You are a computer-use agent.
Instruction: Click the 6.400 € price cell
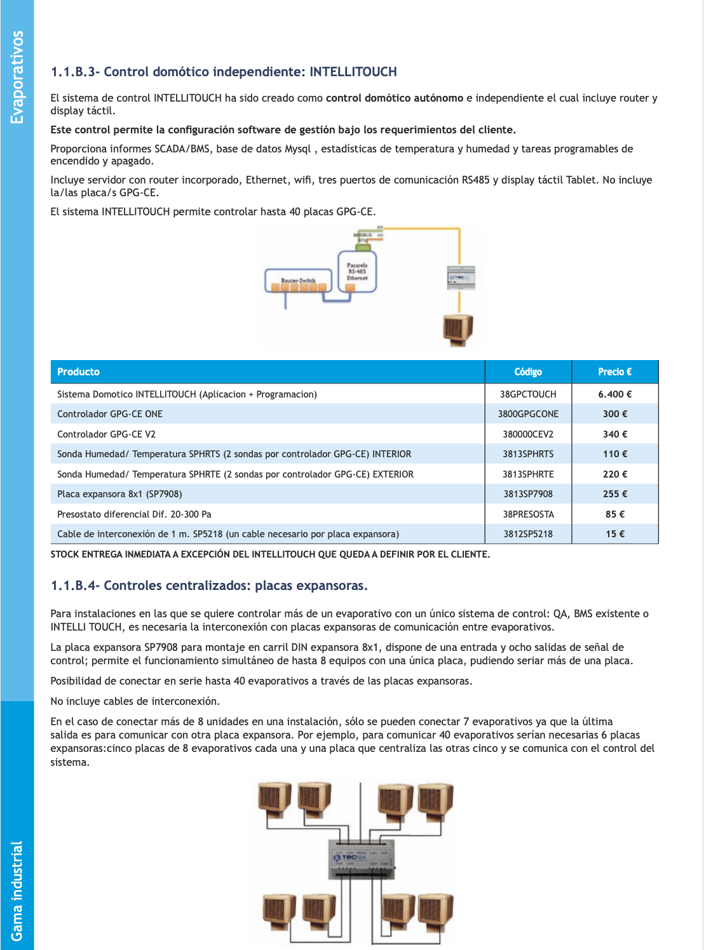tap(614, 394)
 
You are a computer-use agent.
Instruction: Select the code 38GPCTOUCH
tap(528, 394)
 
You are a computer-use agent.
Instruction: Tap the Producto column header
tap(79, 372)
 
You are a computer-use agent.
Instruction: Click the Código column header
tap(528, 372)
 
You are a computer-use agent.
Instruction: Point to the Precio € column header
tap(614, 372)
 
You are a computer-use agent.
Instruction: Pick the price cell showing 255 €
tap(614, 494)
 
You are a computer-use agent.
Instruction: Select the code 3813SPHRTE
tap(528, 474)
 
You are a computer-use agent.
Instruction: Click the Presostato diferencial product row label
tap(134, 514)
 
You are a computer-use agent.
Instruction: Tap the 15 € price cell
tap(614, 534)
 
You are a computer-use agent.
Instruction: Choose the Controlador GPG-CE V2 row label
tap(106, 434)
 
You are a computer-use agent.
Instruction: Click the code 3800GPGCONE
tap(528, 414)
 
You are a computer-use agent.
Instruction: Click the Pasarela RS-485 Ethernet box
tap(357, 272)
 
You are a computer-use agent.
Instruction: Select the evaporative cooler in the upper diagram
tap(458, 330)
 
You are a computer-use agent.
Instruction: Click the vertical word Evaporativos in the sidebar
tap(17, 77)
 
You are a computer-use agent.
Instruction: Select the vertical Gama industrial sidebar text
tap(17, 890)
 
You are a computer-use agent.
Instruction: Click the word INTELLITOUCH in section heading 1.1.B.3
tap(353, 72)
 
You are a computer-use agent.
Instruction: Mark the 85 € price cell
tap(614, 514)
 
